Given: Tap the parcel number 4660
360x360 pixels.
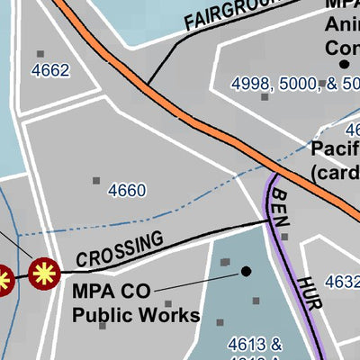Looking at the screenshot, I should [x=126, y=190].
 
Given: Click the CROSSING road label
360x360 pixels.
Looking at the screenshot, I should [x=120, y=249].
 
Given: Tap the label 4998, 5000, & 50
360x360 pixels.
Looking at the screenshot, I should [x=294, y=84].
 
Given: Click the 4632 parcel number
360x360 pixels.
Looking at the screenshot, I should [x=343, y=282].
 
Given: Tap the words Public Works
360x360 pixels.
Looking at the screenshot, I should [x=136, y=316].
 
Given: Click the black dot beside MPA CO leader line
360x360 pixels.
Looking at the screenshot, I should [x=246, y=271].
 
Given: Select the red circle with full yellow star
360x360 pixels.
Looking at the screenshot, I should [x=43, y=273].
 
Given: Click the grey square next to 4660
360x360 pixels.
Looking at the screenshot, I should [x=96, y=181].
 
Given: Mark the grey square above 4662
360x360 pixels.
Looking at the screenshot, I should [x=40, y=54].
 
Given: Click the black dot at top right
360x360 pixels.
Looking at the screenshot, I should [x=344, y=65].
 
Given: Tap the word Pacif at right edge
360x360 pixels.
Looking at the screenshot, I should [x=335, y=149].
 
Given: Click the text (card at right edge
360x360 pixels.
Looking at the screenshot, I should [x=335, y=170].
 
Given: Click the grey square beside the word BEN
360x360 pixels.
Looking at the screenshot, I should [x=284, y=238].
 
